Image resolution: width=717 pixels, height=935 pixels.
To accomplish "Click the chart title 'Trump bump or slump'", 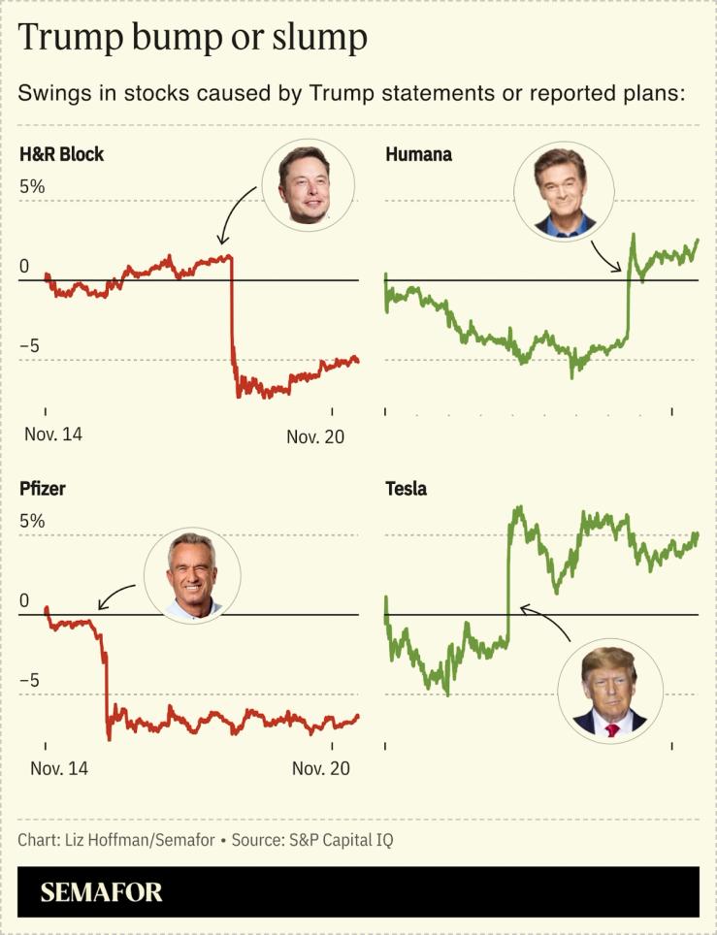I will point(192,39).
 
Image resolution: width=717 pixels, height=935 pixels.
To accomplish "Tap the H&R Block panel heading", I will point(62,154).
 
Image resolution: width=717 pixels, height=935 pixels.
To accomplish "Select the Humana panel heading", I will point(418,154).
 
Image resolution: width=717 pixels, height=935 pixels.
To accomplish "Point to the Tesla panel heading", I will point(406,489).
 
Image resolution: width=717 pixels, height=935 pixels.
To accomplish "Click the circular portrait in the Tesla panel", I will point(610,692).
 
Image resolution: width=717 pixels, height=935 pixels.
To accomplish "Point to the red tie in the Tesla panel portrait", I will point(612,728).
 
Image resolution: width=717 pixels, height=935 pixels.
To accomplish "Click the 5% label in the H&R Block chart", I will point(32,186).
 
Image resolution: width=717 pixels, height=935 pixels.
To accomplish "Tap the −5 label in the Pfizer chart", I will point(32,680).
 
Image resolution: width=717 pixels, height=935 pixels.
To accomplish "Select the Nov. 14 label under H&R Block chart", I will point(53,435).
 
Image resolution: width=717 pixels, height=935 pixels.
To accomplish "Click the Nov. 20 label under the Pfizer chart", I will point(320,768).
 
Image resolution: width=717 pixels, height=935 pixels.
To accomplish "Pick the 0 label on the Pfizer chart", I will point(25,601).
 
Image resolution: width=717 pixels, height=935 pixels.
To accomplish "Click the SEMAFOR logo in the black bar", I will point(101,892).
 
